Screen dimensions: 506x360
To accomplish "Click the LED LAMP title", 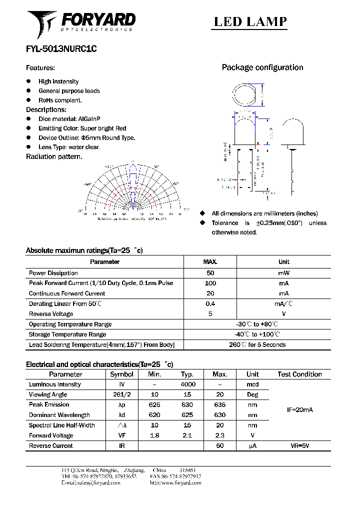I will click(250, 21).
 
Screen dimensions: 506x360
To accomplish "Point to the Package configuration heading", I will click(262, 67).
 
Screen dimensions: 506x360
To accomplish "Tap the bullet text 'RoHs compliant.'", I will click(60, 100).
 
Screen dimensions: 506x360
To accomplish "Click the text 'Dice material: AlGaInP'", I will click(69, 119).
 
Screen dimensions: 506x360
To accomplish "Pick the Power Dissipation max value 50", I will click(210, 273).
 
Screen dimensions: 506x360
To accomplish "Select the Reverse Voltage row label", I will click(51, 314).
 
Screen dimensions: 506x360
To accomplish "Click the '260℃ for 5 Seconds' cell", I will click(257, 344).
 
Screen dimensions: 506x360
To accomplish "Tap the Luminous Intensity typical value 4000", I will click(188, 384).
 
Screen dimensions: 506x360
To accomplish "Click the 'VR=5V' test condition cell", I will click(299, 445).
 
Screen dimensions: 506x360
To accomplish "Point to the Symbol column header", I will click(121, 374).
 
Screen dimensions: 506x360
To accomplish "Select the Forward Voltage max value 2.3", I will click(219, 435).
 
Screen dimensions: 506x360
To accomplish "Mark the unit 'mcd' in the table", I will click(252, 384).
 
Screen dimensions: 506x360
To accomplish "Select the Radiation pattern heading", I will click(54, 156).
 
